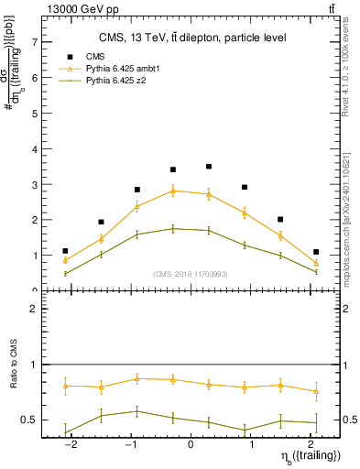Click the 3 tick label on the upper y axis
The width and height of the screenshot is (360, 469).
point(34,184)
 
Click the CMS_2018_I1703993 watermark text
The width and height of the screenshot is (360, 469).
point(190,273)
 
